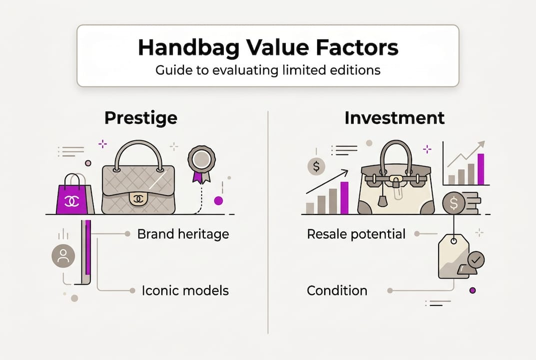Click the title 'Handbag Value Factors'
coord(268,48)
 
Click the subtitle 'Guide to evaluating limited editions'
coord(268,70)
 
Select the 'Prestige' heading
coord(140,118)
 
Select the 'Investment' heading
coord(394,118)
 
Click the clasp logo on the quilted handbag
coord(138,198)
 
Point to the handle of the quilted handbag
coord(138,152)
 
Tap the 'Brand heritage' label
coord(183,233)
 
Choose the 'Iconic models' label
coord(185,290)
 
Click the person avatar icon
coord(63,256)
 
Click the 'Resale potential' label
coord(356,233)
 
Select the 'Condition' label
coord(337,290)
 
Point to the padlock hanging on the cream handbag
coord(383,200)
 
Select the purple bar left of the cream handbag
coord(344,197)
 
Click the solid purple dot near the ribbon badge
coord(218,200)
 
